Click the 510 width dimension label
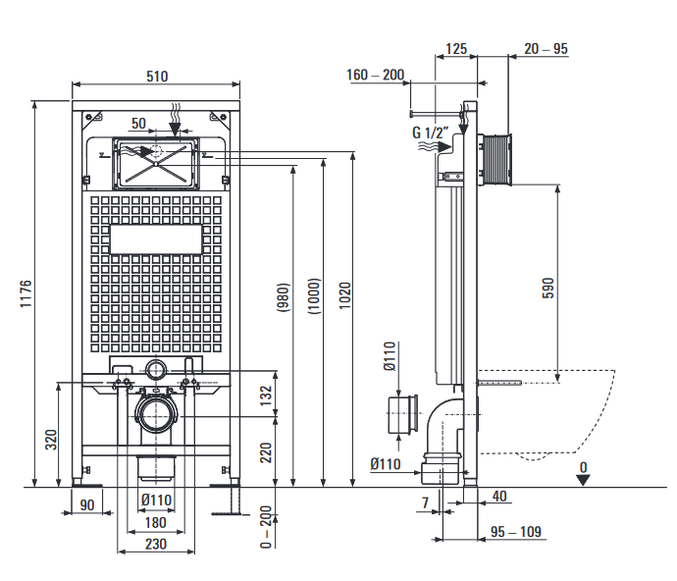(157, 77)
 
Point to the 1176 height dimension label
(26, 294)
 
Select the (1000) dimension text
(312, 296)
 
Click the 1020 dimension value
(344, 295)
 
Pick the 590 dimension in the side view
(548, 287)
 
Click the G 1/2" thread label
(430, 132)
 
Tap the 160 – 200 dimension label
(375, 75)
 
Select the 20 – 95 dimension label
(547, 48)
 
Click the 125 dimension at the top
(455, 48)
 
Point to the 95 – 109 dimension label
(516, 532)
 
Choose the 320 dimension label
(51, 439)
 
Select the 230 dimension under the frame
(156, 544)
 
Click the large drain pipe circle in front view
(156, 415)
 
